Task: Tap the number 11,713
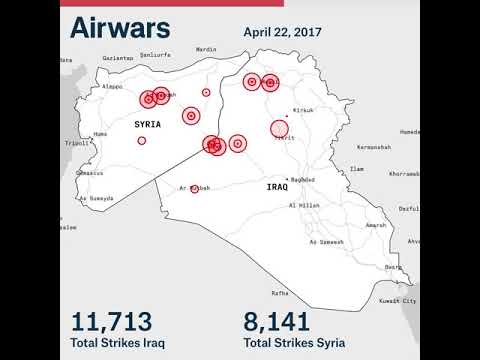click(x=111, y=321)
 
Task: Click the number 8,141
click(x=283, y=321)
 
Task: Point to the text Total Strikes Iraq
click(x=118, y=344)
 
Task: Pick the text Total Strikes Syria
click(x=295, y=344)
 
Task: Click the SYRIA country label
click(x=147, y=123)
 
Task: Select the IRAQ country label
click(x=277, y=187)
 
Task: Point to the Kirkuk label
click(x=303, y=109)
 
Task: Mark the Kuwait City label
click(x=398, y=300)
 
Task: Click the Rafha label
click(x=280, y=293)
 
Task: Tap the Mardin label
click(x=206, y=49)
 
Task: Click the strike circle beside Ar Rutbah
click(x=195, y=188)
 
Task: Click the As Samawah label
click(x=327, y=241)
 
